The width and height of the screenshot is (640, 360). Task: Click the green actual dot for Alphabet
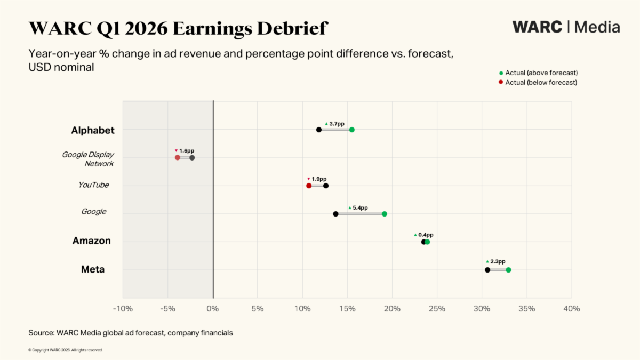(351, 130)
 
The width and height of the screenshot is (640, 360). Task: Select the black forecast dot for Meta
(487, 270)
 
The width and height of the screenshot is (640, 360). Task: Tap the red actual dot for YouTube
(309, 186)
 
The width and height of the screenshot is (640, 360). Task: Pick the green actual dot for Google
(385, 214)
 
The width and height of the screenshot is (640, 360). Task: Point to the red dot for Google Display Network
(178, 158)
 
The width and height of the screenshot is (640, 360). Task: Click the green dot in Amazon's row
(427, 242)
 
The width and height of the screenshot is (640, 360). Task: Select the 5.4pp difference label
(360, 207)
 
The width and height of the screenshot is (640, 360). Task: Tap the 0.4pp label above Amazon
(426, 235)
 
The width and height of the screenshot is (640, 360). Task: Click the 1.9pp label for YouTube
(319, 179)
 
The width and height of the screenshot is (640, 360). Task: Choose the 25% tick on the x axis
(437, 309)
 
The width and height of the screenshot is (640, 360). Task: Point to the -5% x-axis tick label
(167, 309)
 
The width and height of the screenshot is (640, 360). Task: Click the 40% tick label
(572, 309)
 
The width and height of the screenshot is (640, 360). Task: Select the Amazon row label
(91, 241)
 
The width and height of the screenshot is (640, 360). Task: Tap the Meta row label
(93, 269)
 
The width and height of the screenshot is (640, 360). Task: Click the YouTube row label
(93, 185)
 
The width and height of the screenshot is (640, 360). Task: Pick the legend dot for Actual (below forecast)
(501, 82)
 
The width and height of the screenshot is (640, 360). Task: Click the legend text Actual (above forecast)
(541, 73)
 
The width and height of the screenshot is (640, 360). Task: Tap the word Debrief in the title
(292, 28)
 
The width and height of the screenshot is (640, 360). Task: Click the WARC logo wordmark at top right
(537, 27)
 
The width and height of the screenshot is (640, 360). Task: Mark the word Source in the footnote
(42, 333)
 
